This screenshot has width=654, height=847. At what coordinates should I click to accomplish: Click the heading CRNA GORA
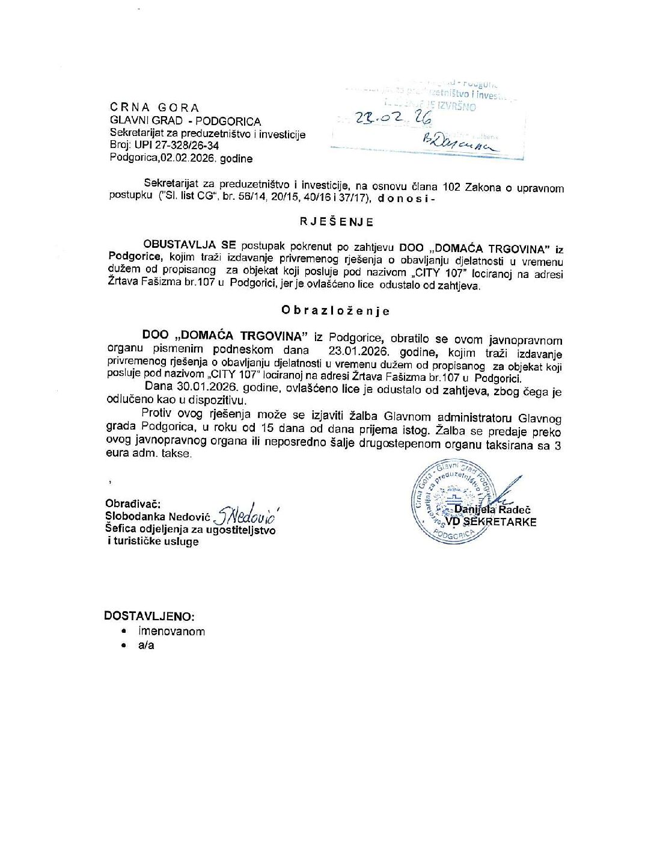point(154,108)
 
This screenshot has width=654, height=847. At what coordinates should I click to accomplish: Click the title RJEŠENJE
point(337,222)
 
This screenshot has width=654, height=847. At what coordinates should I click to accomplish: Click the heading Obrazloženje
point(335,311)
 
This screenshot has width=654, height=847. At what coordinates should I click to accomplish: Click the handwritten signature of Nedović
point(246,513)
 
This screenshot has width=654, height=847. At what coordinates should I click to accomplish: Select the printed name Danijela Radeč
point(492,510)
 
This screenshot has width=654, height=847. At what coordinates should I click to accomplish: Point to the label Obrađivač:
point(133,504)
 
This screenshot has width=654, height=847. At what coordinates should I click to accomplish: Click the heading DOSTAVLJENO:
point(149,616)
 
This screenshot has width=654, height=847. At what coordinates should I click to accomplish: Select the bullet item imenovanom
point(171,632)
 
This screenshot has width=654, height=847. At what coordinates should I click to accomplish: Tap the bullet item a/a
point(146,645)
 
